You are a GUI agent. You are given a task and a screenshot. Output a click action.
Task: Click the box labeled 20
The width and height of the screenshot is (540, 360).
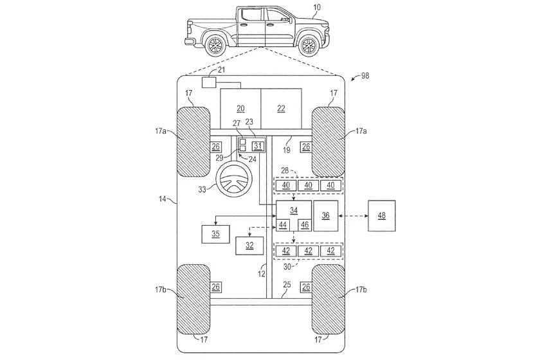pos(240,109)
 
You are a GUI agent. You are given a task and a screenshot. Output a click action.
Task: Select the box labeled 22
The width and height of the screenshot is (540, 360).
pos(281,109)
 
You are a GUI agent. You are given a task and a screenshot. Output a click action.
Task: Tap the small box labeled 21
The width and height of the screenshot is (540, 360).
pos(209,82)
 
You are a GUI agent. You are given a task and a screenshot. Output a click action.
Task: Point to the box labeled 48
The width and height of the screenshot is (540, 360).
pos(382,215)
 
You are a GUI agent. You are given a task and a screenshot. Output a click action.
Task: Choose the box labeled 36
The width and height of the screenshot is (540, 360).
pos(326,215)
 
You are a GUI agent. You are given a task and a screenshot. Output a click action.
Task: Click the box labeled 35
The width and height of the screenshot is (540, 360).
pos(216,234)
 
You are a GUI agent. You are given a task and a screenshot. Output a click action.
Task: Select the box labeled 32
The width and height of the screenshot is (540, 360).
pos(249,245)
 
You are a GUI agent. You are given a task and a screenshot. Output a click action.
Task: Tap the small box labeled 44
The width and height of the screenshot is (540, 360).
pos(283,226)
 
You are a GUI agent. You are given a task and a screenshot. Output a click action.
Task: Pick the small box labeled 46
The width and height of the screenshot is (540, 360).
pos(304,226)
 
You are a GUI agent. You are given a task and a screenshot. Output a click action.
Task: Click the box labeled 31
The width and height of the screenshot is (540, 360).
pos(258,145)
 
